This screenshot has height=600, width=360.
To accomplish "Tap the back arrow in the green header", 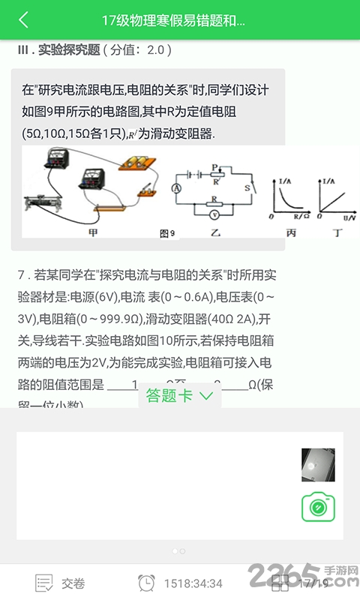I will click(24, 20).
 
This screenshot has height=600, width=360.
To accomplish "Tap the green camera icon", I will click(318, 507).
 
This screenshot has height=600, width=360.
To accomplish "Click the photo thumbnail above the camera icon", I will click(313, 465).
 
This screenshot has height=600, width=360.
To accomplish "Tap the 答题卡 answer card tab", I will click(179, 396).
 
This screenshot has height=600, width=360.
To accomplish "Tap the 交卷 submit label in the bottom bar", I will click(73, 583).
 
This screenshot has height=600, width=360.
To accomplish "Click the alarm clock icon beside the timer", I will click(147, 583).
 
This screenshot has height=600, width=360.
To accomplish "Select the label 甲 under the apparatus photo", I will click(94, 233).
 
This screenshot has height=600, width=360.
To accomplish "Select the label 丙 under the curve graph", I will click(291, 233).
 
